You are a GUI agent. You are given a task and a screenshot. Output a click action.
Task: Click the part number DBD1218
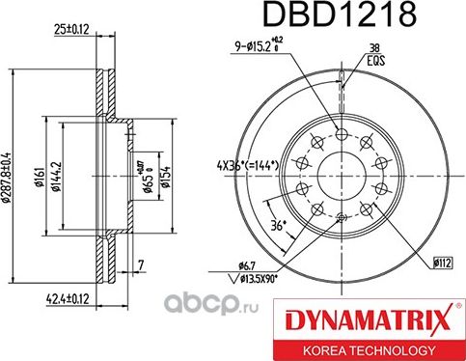coord(326,16)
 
